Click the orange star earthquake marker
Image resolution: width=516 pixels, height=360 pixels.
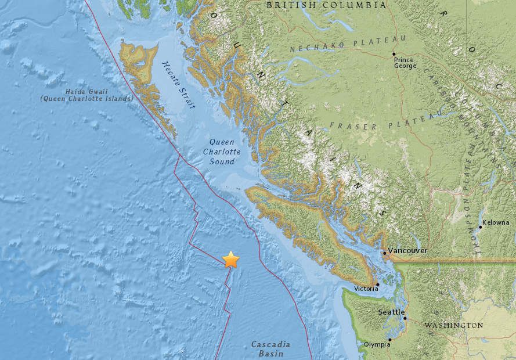pyautogui.click(x=231, y=260)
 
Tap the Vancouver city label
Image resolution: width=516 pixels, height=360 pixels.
pyautogui.click(x=407, y=250)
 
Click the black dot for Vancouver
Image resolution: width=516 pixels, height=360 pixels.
pyautogui.click(x=385, y=253)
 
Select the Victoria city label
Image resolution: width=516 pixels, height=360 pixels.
pyautogui.click(x=366, y=289)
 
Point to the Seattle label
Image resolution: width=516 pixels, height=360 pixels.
pyautogui.click(x=391, y=312)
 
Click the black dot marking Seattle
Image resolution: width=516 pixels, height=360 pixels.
pyautogui.click(x=405, y=318)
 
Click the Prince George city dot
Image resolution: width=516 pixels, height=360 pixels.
pyautogui.click(x=394, y=54)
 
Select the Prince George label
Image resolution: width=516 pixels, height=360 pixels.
pyautogui.click(x=405, y=62)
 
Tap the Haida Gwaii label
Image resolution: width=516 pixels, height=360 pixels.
pyautogui.click(x=86, y=95)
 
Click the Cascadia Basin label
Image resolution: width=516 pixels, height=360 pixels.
pyautogui.click(x=270, y=349)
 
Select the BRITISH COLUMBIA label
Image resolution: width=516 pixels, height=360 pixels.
pyautogui.click(x=326, y=5)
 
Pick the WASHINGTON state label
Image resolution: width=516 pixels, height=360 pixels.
pyautogui.click(x=454, y=326)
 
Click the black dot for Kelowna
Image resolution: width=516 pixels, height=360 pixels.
pyautogui.click(x=480, y=227)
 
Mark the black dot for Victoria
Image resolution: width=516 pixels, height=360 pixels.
pyautogui.click(x=378, y=285)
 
